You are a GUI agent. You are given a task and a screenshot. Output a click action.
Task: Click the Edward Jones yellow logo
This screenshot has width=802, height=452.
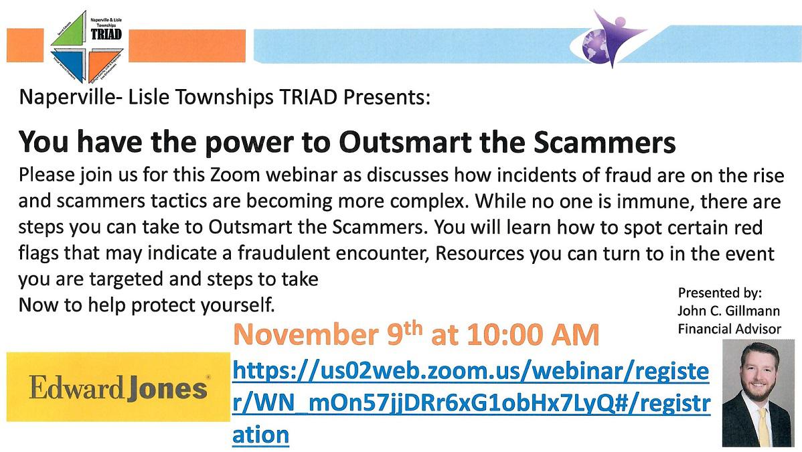tap(117, 388)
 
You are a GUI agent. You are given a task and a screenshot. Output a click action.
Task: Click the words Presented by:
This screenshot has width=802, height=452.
tap(720, 293)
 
